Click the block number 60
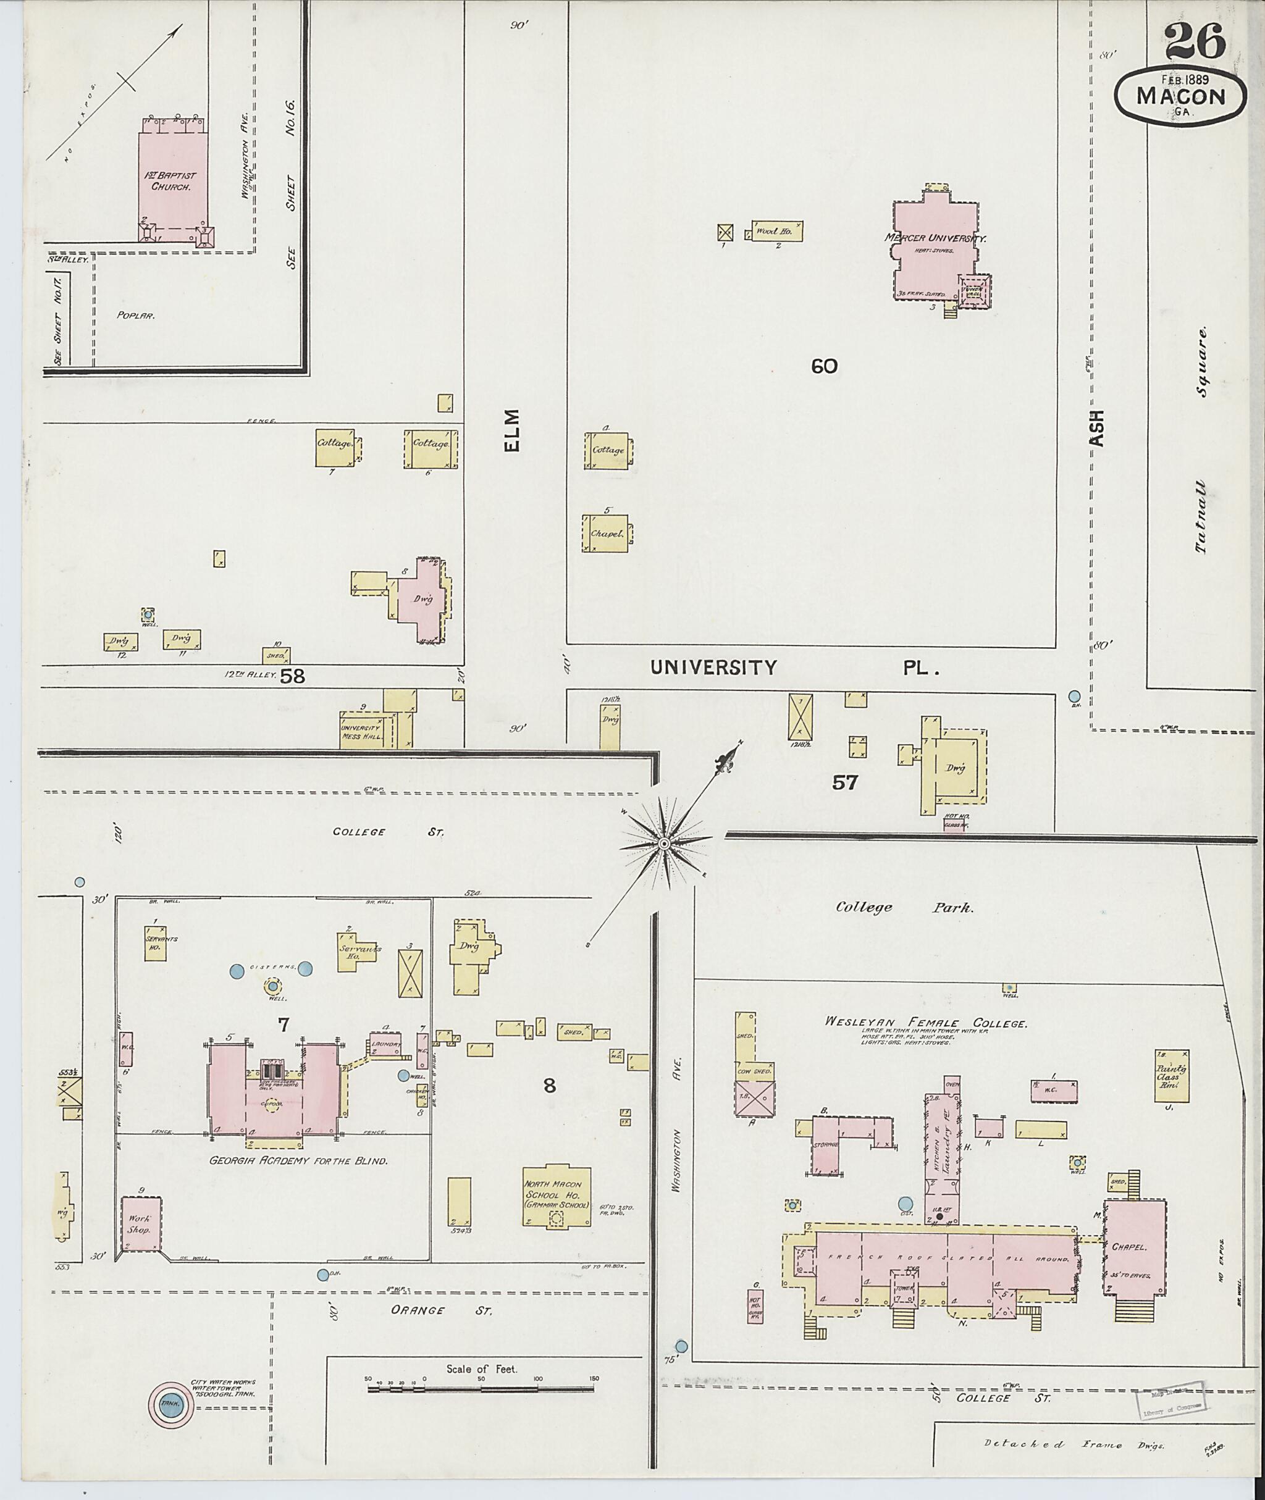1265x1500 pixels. tap(824, 366)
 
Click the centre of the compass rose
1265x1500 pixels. tap(665, 844)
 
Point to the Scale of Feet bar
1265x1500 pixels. tap(482, 1389)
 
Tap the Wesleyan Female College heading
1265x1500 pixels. tap(926, 1023)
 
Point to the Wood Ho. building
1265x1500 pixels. tap(776, 232)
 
